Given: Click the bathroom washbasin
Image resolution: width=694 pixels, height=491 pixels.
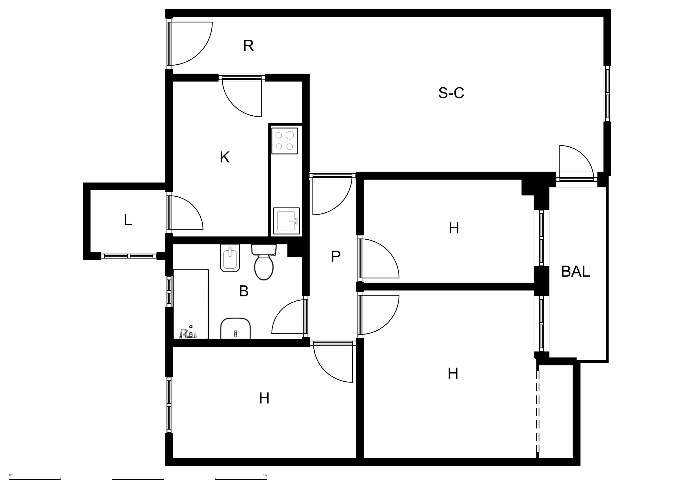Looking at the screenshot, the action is tap(235, 329).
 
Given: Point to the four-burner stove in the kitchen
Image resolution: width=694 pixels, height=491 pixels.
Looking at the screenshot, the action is tap(285, 141).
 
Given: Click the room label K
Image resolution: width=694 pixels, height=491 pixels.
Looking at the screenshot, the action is tap(225, 158).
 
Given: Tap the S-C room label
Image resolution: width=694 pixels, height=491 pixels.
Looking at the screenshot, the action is tap(451, 93).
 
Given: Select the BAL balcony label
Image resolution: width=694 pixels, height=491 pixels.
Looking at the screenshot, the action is tap(575, 272).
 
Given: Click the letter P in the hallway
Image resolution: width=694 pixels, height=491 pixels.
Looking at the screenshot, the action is tap(335, 257).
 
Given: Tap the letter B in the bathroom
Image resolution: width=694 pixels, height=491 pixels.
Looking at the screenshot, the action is tap(244, 291).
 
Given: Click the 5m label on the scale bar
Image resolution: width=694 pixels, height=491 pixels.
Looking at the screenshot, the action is tap(265, 475).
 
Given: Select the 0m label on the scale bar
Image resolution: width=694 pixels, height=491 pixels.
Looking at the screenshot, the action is tap(11, 475).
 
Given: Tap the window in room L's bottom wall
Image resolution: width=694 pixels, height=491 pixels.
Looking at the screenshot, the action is tap(129, 256).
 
